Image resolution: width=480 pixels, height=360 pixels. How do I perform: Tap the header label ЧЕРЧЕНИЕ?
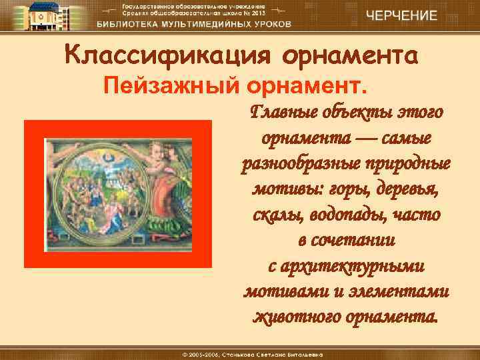(404, 15)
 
